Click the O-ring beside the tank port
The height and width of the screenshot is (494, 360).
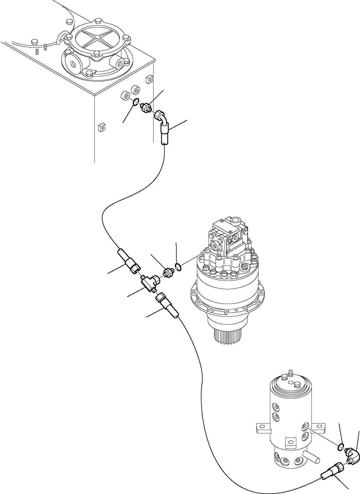tap(135, 102)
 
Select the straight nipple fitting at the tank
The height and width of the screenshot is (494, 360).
tap(146, 108)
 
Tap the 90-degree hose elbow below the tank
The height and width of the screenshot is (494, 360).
tap(162, 120)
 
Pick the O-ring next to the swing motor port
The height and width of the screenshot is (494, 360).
tap(178, 266)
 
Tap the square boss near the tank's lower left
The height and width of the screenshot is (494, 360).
tap(101, 127)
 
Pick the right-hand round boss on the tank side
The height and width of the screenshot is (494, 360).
tap(136, 90)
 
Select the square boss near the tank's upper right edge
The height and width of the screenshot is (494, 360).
tap(150, 79)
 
